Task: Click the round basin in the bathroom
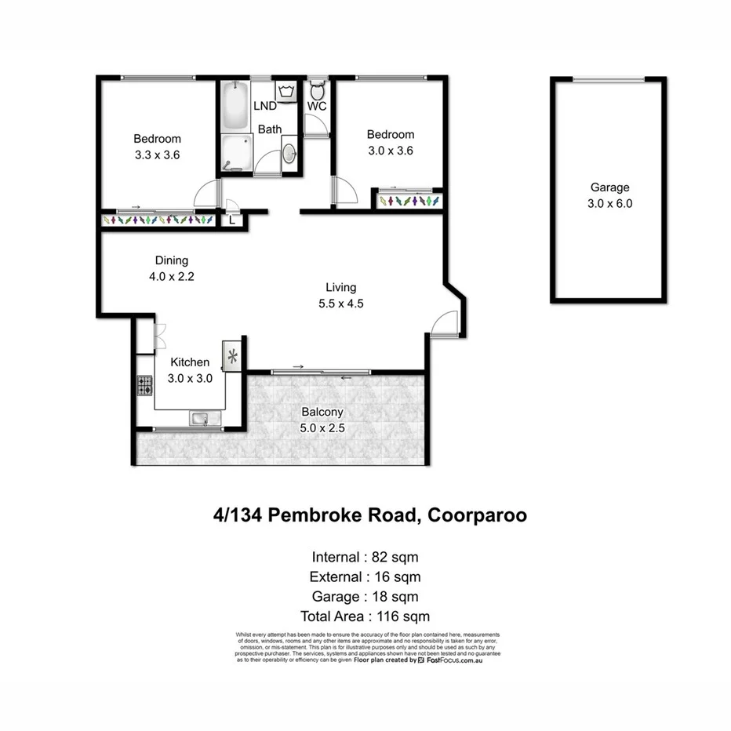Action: coord(289,154)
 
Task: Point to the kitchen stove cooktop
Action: coord(145,385)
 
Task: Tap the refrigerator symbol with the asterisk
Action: coord(233,357)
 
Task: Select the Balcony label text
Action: coord(322,412)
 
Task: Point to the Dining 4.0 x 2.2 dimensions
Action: coord(171,276)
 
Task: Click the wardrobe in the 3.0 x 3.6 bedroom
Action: coord(406,201)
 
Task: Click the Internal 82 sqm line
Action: coord(365,558)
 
